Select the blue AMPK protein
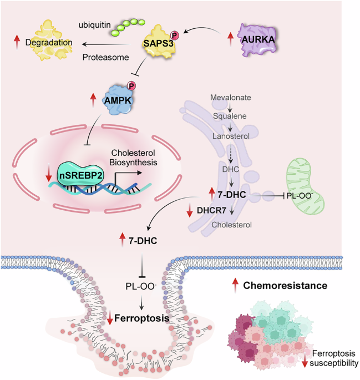(x=119, y=99)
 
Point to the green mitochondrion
(x=305, y=186)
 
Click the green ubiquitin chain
(x=128, y=26)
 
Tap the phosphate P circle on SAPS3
(x=174, y=36)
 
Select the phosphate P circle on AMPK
(x=131, y=86)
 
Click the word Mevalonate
(x=230, y=98)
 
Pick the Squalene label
(x=230, y=116)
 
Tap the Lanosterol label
(x=231, y=136)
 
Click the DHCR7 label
(x=211, y=210)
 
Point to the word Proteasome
(x=105, y=58)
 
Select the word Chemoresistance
(x=285, y=286)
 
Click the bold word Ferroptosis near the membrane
(x=141, y=318)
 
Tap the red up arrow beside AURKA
(x=230, y=39)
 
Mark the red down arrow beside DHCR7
(x=190, y=210)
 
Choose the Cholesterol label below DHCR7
(x=232, y=225)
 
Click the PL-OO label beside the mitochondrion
(x=300, y=196)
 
